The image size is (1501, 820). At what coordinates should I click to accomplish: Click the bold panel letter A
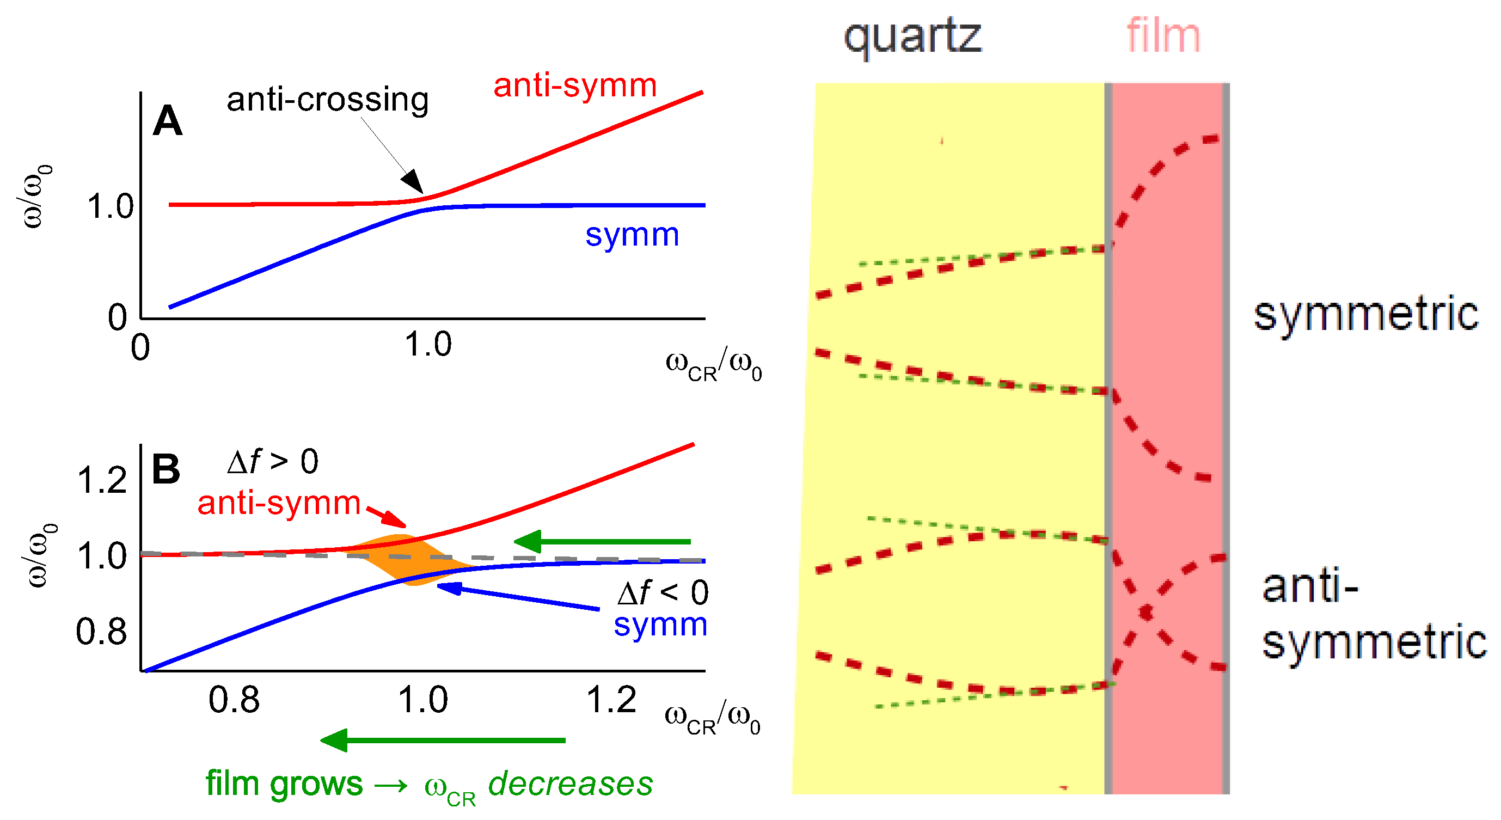pos(167,121)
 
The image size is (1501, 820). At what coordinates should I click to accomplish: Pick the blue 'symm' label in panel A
pos(632,235)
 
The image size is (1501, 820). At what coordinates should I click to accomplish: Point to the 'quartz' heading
pos(912,36)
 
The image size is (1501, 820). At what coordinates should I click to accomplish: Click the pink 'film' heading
pos(1163,36)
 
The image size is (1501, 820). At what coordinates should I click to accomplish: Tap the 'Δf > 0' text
pos(273,462)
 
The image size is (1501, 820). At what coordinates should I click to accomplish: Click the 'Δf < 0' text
pos(663,593)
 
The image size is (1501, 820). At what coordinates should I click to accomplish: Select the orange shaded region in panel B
pos(408,560)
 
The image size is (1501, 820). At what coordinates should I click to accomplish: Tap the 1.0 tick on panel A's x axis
pos(428,344)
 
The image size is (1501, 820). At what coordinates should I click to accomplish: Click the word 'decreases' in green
pos(571,784)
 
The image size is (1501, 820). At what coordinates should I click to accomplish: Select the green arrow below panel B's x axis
pos(443,740)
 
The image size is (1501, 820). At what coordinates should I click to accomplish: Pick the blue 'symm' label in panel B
pos(660,624)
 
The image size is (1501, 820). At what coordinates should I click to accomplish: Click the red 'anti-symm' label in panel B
pos(279,503)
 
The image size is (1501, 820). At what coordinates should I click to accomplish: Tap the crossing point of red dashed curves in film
pos(1146,613)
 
